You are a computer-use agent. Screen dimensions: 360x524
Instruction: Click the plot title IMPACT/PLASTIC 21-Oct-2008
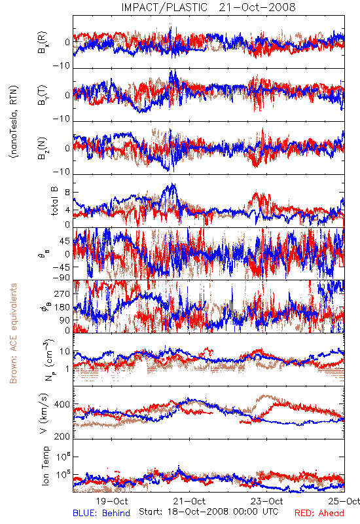tap(208, 7)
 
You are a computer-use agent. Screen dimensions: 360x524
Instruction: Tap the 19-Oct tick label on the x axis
tap(112, 502)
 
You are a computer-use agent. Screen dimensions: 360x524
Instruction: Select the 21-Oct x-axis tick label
tap(190, 502)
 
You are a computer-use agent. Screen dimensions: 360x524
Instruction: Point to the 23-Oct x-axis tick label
tap(267, 502)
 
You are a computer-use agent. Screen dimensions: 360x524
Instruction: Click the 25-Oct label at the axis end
tap(344, 502)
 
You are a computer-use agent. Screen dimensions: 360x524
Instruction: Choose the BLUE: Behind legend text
tap(101, 514)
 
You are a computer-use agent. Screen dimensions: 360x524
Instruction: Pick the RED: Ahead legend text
tap(319, 514)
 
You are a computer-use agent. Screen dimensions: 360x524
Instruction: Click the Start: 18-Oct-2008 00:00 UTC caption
tap(209, 512)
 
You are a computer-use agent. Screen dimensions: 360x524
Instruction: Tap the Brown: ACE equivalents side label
tap(13, 333)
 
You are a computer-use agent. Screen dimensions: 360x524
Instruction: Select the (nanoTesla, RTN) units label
tap(14, 122)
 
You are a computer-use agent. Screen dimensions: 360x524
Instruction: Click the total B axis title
tap(54, 201)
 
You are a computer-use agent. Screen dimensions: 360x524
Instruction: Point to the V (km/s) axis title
tap(44, 414)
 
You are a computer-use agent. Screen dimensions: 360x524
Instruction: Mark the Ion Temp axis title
tap(45, 466)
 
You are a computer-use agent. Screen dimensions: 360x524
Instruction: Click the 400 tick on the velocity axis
tap(62, 405)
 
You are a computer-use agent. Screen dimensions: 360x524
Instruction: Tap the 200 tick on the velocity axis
tap(62, 436)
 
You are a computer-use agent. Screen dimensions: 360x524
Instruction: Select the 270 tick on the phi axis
tap(62, 293)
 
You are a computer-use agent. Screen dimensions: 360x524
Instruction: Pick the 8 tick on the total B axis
tap(67, 192)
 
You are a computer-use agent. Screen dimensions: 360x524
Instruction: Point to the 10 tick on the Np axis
tap(65, 352)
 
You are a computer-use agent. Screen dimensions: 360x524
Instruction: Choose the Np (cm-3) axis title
tap(48, 360)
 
